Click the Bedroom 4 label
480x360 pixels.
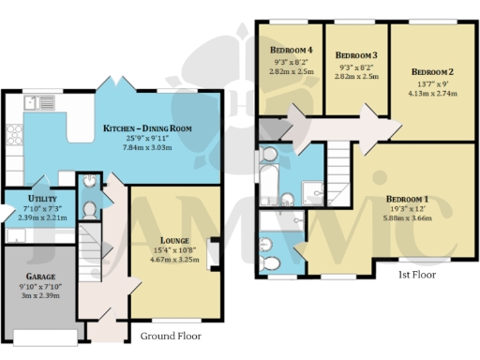(x=292, y=49)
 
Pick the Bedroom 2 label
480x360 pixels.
(x=432, y=72)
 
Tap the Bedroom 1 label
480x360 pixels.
(x=405, y=199)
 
